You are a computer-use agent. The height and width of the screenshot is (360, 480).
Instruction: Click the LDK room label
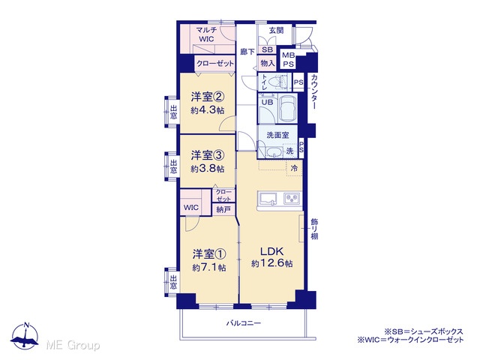click(x=271, y=251)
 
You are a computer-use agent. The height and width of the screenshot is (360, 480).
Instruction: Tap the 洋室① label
click(x=209, y=253)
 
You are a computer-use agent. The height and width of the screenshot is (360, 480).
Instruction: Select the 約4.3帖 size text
click(x=208, y=110)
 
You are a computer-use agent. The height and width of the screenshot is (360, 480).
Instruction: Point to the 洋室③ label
click(x=208, y=155)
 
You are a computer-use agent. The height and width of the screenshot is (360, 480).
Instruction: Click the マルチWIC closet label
click(x=207, y=34)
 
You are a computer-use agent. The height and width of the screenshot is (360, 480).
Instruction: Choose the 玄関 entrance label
click(x=276, y=30)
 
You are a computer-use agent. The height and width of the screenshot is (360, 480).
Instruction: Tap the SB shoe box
click(x=267, y=49)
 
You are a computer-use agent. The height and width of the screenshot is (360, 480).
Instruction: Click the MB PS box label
click(x=288, y=60)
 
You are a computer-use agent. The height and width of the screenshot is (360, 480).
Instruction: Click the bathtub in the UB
click(x=288, y=108)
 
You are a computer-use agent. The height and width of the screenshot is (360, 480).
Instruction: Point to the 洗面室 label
click(x=277, y=135)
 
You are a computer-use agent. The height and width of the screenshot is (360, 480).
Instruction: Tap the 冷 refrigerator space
click(x=294, y=168)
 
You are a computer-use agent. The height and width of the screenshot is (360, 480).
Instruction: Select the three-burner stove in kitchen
click(x=292, y=199)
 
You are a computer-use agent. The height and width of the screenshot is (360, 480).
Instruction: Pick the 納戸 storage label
click(x=223, y=210)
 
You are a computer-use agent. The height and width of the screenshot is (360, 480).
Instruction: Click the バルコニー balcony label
click(x=244, y=323)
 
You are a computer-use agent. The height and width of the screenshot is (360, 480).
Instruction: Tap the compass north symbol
click(x=25, y=335)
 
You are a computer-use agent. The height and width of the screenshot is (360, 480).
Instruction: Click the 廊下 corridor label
click(x=247, y=52)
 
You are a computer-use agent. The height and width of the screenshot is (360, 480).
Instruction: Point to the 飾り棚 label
click(x=314, y=229)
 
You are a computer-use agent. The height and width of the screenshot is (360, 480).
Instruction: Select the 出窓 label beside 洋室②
click(x=173, y=112)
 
